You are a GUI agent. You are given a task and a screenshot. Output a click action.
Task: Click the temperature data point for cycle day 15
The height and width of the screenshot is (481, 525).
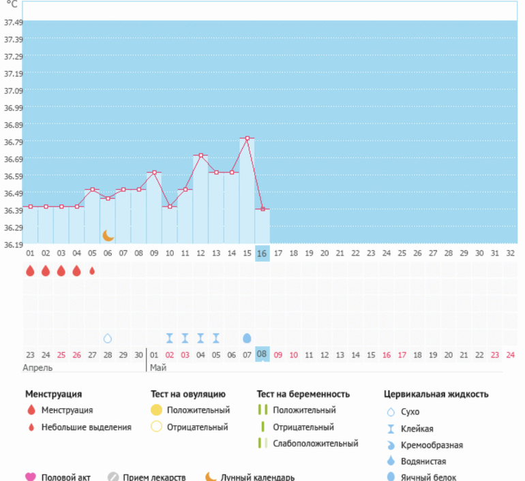pyautogui.click(x=247, y=138)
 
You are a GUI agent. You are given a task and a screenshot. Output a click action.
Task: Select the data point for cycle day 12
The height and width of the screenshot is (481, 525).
pyautogui.click(x=200, y=156)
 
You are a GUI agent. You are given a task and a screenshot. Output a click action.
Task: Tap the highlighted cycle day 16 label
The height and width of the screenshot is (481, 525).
pyautogui.click(x=262, y=253)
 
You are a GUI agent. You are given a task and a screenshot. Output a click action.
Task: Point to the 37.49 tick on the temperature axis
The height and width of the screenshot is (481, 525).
pyautogui.click(x=13, y=22)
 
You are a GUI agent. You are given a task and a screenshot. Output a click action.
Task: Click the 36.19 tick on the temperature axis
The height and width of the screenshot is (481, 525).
pyautogui.click(x=13, y=245)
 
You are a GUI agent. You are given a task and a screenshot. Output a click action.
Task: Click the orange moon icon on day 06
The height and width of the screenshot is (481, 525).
pyautogui.click(x=108, y=236)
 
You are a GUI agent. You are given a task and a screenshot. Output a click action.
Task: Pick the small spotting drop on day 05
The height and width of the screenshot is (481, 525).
pyautogui.click(x=92, y=270)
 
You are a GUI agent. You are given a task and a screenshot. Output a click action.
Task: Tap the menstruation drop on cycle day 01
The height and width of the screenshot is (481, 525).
pyautogui.click(x=30, y=271)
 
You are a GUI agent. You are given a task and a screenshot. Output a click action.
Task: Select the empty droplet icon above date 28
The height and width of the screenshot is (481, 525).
pyautogui.click(x=107, y=338)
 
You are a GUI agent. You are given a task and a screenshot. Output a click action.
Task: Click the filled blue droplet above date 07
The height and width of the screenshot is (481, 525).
pyautogui.click(x=247, y=338)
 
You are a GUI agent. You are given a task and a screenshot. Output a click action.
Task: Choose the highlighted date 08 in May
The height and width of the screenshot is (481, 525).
pyautogui.click(x=262, y=354)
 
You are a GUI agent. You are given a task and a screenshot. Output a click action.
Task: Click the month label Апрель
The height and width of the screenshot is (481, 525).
pyautogui.click(x=37, y=368)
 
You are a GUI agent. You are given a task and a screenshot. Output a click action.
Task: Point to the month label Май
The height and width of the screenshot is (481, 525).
pyautogui.click(x=158, y=368)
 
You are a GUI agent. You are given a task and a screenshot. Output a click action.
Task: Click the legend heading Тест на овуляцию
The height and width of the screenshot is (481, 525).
pyautogui.click(x=187, y=394)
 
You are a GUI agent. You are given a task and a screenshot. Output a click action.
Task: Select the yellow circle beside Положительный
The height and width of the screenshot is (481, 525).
pyautogui.click(x=156, y=410)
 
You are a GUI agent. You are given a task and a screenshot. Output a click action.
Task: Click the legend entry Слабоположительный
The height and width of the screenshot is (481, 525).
pyautogui.click(x=316, y=444)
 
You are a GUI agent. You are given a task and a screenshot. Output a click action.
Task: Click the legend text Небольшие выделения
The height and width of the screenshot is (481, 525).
pyautogui.click(x=86, y=427)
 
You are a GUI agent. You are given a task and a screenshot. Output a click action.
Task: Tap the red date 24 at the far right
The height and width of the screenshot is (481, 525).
pyautogui.click(x=511, y=354)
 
